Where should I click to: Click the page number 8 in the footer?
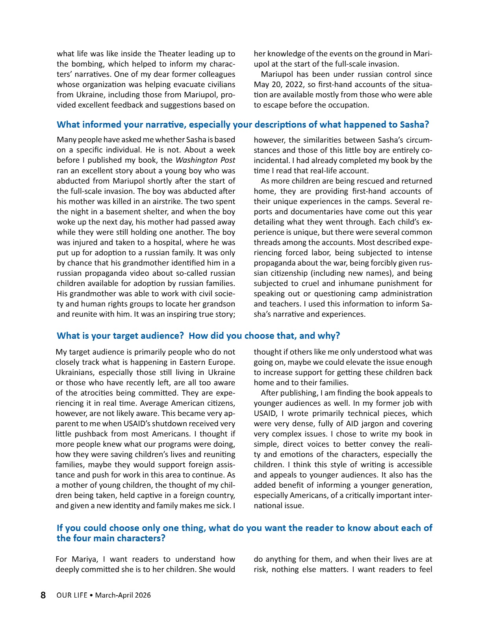[x=43, y=595]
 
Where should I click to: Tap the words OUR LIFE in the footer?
[x=72, y=595]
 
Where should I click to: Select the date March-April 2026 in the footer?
[x=123, y=595]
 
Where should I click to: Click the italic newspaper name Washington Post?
[x=205, y=160]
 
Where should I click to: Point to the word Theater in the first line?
[x=172, y=54]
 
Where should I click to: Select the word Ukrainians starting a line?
[x=75, y=373]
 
